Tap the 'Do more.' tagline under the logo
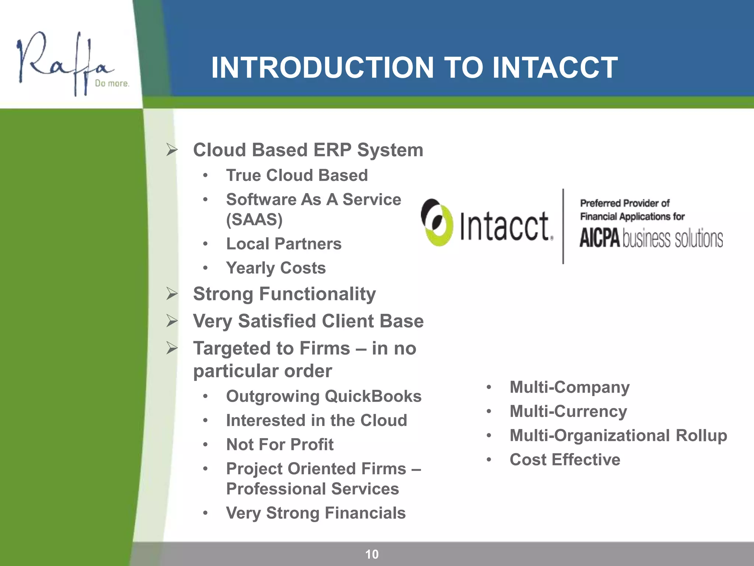(112, 84)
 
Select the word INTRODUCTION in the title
(323, 68)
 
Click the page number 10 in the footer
(371, 554)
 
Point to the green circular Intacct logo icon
(437, 223)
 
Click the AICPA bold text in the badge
(600, 238)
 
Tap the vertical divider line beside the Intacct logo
(563, 226)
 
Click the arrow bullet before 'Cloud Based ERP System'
(172, 150)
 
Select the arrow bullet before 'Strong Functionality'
(172, 294)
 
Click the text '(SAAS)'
(254, 220)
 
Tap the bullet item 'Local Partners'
(283, 244)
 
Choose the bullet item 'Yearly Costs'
(276, 268)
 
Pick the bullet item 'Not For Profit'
(280, 444)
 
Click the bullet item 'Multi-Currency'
(568, 411)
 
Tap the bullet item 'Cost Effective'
(565, 460)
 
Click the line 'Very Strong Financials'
(316, 513)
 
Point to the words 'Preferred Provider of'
(624, 203)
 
